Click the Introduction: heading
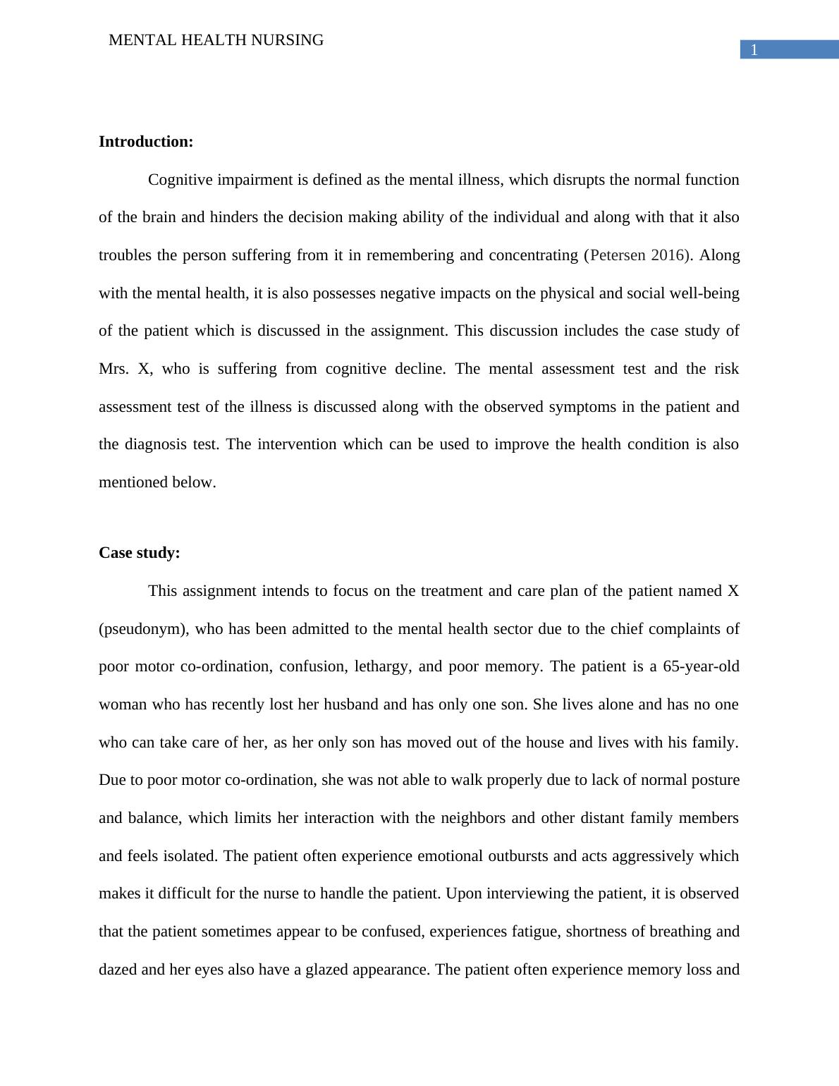[x=146, y=142]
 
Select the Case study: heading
[x=140, y=553]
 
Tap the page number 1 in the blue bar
[x=754, y=49]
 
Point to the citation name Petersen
[x=618, y=255]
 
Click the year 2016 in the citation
[x=668, y=255]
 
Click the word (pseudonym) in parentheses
[x=144, y=629]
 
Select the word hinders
[x=232, y=217]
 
